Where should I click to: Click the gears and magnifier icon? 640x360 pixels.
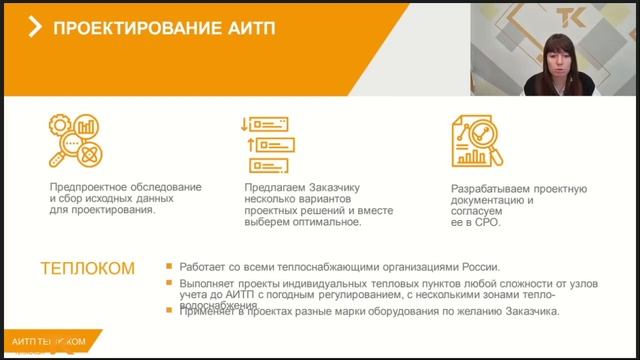[76, 140]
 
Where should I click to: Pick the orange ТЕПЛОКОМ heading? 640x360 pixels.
[87, 269]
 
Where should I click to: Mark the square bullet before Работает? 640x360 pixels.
[170, 267]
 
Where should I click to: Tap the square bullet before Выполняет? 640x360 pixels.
[170, 284]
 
